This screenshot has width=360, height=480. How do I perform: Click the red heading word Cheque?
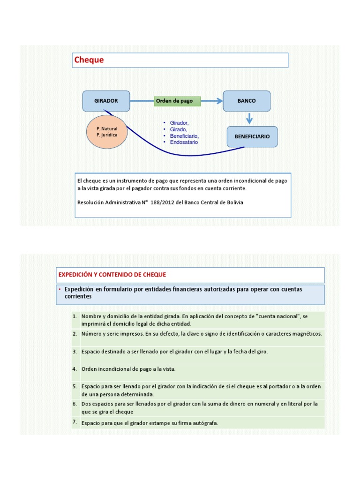point(89,60)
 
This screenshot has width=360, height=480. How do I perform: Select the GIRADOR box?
point(106,101)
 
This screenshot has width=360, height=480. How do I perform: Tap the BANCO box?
point(247,101)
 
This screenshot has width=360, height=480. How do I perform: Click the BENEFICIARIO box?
point(252,136)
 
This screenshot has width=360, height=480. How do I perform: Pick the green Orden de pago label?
point(177,101)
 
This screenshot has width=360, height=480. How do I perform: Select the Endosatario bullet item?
point(184,142)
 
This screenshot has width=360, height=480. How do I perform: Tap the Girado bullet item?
point(178,129)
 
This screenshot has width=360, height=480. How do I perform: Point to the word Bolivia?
point(233,202)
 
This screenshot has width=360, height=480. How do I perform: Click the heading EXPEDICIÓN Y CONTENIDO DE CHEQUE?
point(112,274)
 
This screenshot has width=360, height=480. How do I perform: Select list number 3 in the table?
point(75,351)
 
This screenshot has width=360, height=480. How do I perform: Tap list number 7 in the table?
point(75,422)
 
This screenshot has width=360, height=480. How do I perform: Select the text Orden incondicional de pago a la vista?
point(128,369)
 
